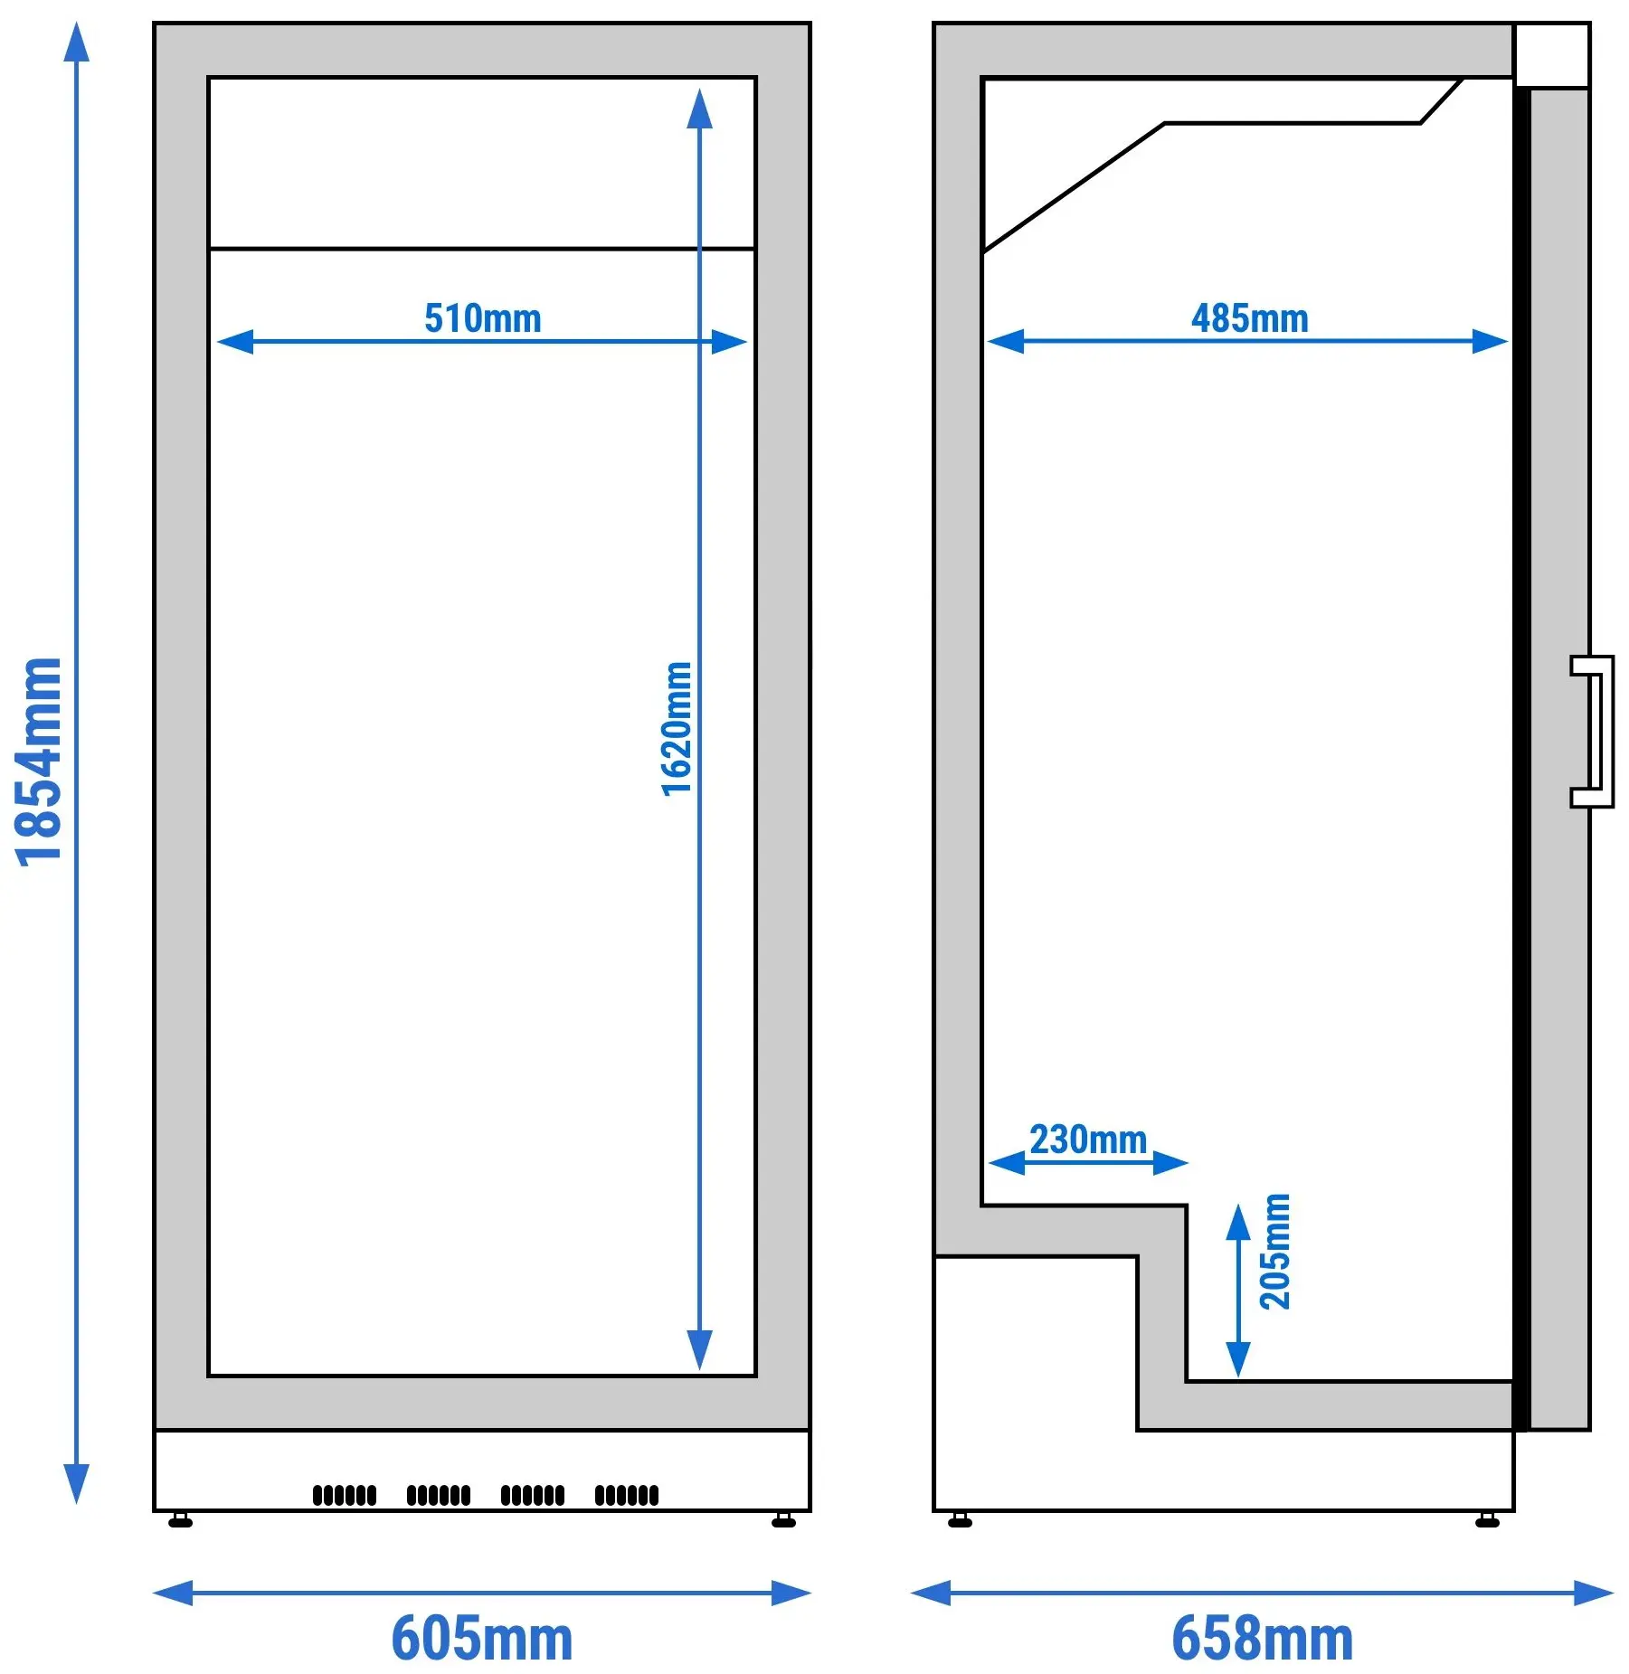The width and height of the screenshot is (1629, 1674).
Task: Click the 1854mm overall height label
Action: tap(40, 761)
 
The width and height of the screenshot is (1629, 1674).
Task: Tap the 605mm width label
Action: tap(482, 1639)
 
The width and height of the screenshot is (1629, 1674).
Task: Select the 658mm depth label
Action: tap(1263, 1639)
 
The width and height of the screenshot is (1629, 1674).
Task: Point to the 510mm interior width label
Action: tap(483, 318)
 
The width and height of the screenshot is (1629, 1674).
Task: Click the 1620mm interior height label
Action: tap(677, 729)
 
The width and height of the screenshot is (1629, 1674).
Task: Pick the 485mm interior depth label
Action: tap(1250, 318)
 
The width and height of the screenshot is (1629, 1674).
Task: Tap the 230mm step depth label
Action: tap(1089, 1140)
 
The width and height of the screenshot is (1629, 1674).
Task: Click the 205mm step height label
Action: tap(1275, 1251)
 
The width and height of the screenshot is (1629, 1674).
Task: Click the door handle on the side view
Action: tap(1593, 732)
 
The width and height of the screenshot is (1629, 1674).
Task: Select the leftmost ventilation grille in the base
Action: tap(345, 1495)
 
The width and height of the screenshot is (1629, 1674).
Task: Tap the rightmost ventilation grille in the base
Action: tap(627, 1495)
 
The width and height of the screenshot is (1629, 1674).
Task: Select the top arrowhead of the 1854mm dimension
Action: tap(77, 43)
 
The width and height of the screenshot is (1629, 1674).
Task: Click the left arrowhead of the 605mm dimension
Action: tap(173, 1593)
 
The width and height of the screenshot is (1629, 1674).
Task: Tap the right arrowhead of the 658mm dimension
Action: tap(1594, 1593)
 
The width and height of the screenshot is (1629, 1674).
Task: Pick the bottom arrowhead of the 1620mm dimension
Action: tap(699, 1350)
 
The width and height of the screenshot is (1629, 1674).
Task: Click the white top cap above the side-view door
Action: tap(1552, 55)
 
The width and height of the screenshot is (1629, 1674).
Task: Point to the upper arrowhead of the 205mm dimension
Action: tap(1237, 1223)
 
